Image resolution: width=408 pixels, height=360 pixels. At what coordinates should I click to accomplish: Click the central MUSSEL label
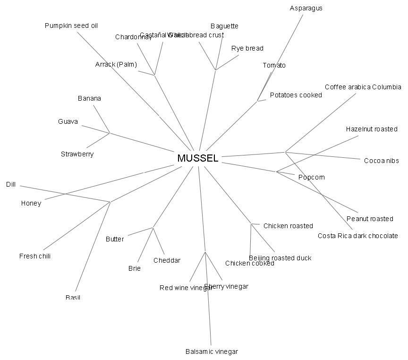[198, 158]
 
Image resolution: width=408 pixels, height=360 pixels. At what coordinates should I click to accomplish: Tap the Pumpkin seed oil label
[71, 26]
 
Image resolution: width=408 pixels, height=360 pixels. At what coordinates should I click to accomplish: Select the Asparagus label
[306, 8]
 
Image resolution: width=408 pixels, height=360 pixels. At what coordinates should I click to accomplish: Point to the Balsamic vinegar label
[212, 351]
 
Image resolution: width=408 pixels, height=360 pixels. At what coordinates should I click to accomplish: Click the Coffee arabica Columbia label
[363, 87]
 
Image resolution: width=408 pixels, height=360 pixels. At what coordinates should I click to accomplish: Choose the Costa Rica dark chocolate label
[357, 236]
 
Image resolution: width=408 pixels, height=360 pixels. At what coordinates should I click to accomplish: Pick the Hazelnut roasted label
[372, 129]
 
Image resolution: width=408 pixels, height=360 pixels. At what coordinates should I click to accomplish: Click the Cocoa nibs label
[381, 161]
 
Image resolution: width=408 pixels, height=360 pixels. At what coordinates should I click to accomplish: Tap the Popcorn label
[311, 177]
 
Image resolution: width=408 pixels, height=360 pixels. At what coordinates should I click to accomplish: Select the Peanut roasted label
[370, 219]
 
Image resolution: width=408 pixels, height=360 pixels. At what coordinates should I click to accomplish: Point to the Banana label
[89, 98]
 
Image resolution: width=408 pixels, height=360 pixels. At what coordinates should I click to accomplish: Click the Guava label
[68, 121]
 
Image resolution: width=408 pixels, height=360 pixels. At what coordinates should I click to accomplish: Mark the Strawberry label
[77, 154]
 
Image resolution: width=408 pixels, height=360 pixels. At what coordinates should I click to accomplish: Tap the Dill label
[11, 185]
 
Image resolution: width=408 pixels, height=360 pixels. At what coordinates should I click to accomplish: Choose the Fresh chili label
[35, 256]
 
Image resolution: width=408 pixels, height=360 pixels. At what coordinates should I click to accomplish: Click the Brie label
[134, 268]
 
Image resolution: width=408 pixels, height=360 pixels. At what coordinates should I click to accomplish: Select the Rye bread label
[247, 48]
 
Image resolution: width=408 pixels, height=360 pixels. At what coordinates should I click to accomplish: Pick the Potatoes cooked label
[296, 95]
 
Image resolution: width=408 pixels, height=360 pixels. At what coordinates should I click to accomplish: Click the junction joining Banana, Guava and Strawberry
[110, 133]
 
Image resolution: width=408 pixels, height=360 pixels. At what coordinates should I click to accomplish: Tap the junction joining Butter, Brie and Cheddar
[153, 228]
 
